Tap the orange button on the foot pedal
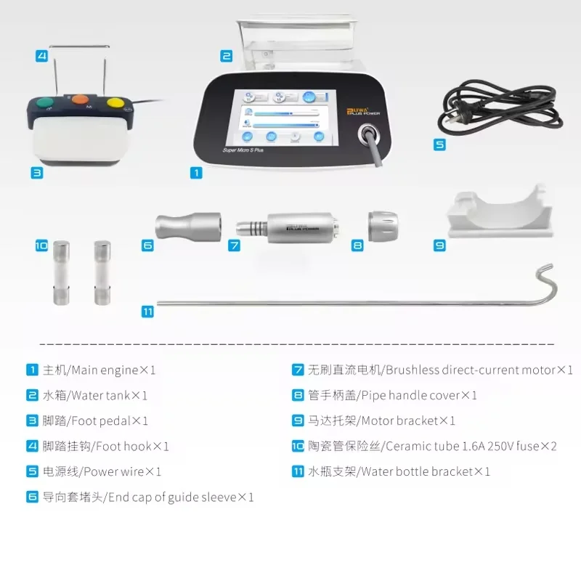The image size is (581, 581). point(78,98)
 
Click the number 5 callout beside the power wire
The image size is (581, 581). point(440,145)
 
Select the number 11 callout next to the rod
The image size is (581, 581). point(148,312)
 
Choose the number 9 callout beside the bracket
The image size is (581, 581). point(440,245)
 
